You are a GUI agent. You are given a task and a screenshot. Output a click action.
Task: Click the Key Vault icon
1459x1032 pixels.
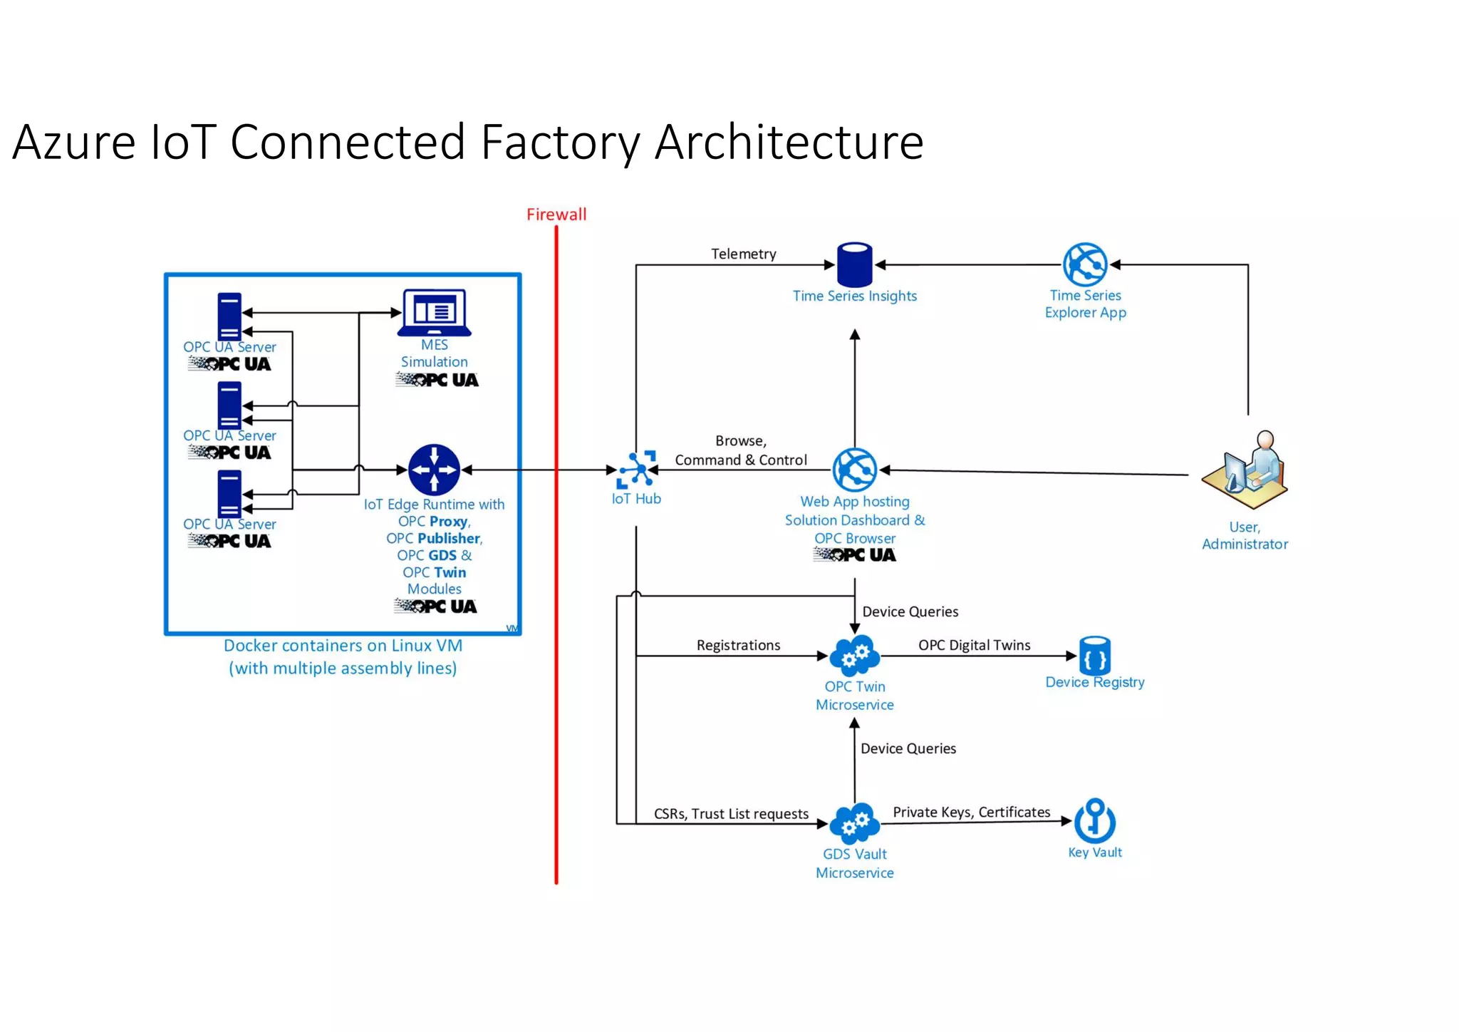pyautogui.click(x=1094, y=820)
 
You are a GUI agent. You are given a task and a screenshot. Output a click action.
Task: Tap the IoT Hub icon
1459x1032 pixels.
pyautogui.click(x=636, y=470)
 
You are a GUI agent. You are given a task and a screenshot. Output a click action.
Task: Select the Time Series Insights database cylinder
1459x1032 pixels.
pyautogui.click(x=854, y=264)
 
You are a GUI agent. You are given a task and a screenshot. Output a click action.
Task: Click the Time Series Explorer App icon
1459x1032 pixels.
pyautogui.click(x=1085, y=264)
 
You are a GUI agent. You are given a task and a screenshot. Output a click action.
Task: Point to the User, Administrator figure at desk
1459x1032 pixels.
pyautogui.click(x=1246, y=470)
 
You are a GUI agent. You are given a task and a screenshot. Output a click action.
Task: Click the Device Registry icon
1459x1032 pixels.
pyautogui.click(x=1094, y=655)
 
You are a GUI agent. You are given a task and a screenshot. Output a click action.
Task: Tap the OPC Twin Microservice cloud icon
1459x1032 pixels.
pyautogui.click(x=854, y=655)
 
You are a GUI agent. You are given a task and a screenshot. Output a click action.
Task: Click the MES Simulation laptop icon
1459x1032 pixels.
pyautogui.click(x=435, y=312)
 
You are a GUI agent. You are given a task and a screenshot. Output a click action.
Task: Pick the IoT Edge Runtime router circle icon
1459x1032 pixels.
pyautogui.click(x=434, y=470)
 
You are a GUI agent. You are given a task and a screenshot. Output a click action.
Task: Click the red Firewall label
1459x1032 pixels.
pyautogui.click(x=556, y=215)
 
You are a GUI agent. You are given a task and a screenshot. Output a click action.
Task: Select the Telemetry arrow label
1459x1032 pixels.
pyautogui.click(x=743, y=254)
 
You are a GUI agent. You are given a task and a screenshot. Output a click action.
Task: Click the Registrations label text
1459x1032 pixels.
pyautogui.click(x=738, y=645)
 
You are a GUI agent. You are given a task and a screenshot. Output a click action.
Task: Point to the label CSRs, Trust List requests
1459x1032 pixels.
pyautogui.click(x=731, y=814)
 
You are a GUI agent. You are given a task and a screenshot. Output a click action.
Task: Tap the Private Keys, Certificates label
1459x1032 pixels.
pyautogui.click(x=971, y=812)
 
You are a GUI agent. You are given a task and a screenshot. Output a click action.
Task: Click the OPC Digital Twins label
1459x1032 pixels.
pyautogui.click(x=974, y=645)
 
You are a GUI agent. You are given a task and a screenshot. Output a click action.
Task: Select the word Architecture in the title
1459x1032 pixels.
pyautogui.click(x=789, y=143)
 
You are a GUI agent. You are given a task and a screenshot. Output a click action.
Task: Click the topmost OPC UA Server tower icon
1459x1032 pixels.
pyautogui.click(x=229, y=316)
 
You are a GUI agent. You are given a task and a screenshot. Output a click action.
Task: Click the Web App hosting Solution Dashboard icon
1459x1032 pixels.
pyautogui.click(x=854, y=470)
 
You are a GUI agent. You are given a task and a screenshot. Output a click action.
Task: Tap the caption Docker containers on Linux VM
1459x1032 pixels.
pyautogui.click(x=343, y=646)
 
